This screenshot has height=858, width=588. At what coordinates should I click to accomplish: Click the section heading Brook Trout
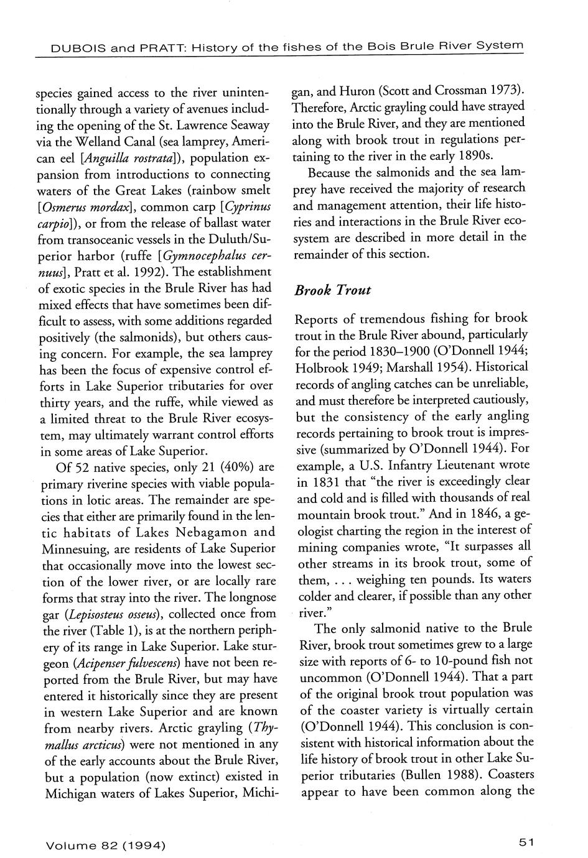click(x=333, y=290)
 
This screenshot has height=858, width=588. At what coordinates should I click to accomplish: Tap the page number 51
click(x=526, y=842)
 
